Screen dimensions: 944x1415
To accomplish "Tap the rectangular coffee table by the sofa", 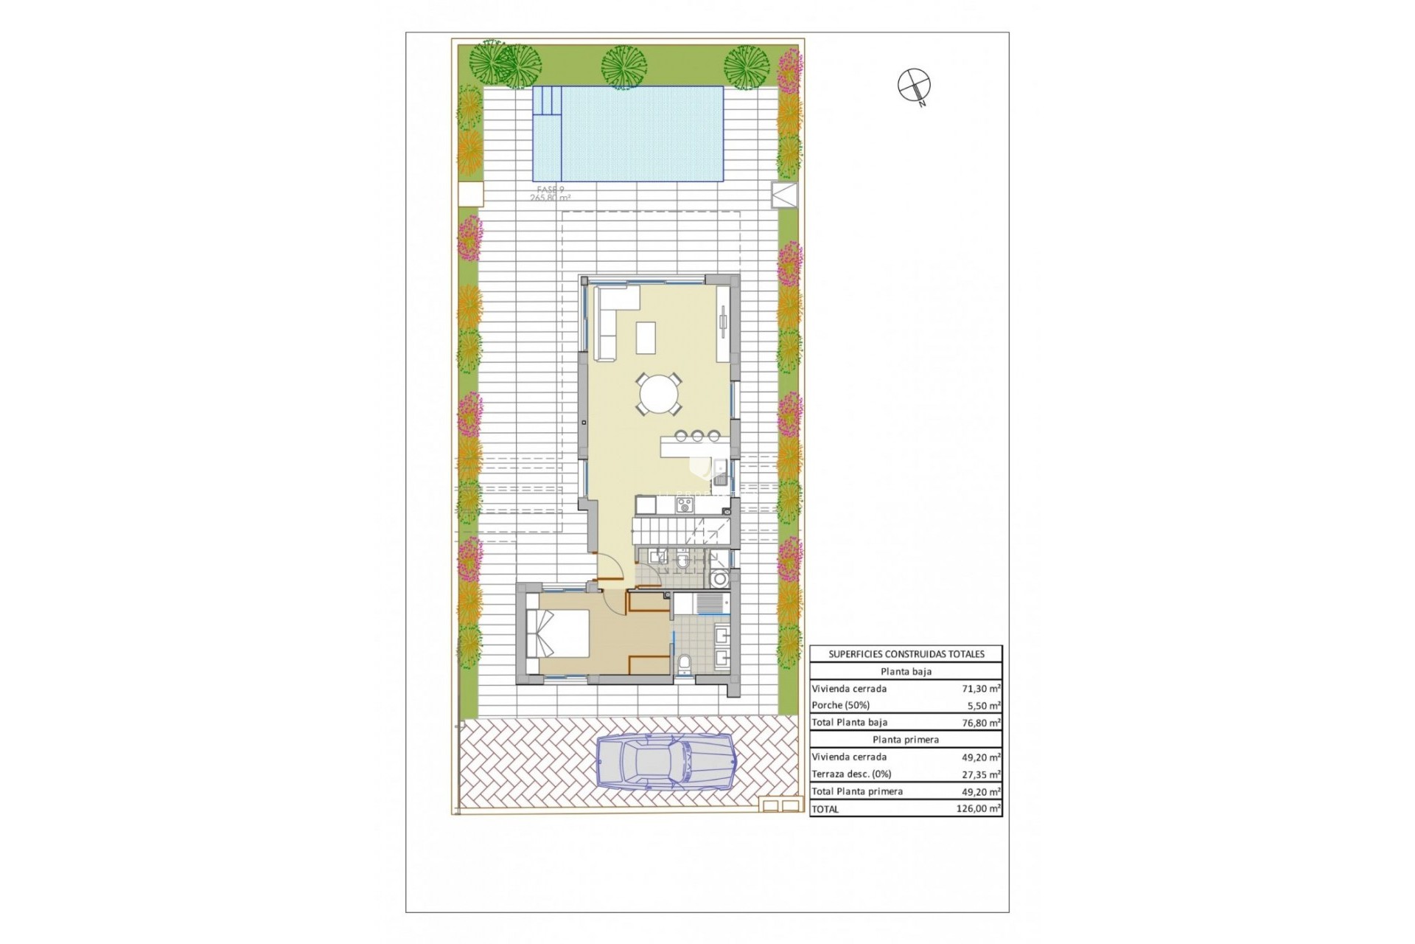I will tap(646, 339).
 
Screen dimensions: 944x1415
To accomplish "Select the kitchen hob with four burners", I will tap(685, 505).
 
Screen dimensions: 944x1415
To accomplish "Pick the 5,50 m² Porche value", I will tap(984, 705).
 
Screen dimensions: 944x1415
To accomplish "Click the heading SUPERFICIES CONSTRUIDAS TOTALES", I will tap(906, 653).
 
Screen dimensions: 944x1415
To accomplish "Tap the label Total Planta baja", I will tap(849, 723).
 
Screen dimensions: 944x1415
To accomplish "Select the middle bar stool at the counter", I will tap(697, 436).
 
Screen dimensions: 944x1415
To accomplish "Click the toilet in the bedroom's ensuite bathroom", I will tap(683, 664).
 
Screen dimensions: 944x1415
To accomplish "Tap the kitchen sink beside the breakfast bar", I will tap(720, 467).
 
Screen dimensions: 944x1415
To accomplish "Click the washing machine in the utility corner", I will tap(719, 579).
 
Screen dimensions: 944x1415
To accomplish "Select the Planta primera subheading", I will tap(906, 740).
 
